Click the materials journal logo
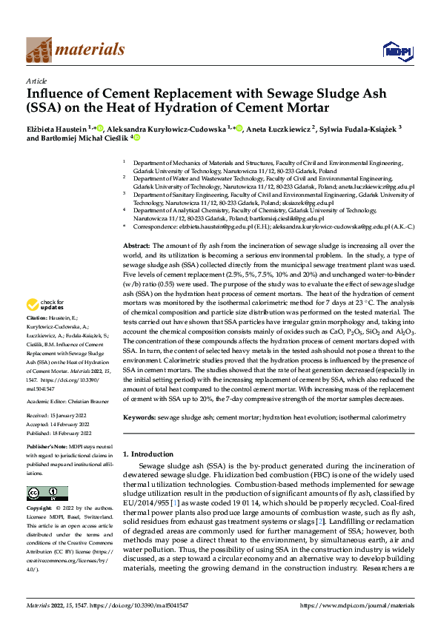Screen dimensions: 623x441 coord(75,50)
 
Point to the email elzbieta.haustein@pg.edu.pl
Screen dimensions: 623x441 coord(216,229)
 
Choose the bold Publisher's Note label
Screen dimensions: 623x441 coord(47,448)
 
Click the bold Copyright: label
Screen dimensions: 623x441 coord(40,509)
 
